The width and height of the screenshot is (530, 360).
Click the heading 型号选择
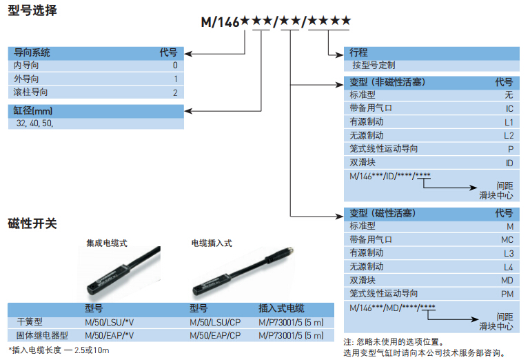pyautogui.click(x=32, y=11)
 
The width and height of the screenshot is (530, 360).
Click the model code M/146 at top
pyautogui.click(x=219, y=22)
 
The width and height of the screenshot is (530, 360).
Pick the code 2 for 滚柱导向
pyautogui.click(x=175, y=92)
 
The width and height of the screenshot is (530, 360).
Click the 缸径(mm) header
pyautogui.click(x=33, y=111)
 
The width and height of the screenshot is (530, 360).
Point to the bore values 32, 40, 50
pyautogui.click(x=34, y=123)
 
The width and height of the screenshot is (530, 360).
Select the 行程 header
pyautogui.click(x=359, y=52)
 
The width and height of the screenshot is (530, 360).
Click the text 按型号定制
pyautogui.click(x=374, y=66)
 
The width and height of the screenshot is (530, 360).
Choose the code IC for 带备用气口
pyautogui.click(x=509, y=109)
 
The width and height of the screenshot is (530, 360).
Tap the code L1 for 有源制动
pyautogui.click(x=509, y=122)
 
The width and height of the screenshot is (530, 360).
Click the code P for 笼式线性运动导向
pyautogui.click(x=511, y=149)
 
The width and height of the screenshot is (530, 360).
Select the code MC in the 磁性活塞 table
pyautogui.click(x=508, y=240)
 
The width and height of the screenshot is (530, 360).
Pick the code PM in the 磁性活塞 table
pyautogui.click(x=508, y=294)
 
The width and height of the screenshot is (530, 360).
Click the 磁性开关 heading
pyautogui.click(x=32, y=223)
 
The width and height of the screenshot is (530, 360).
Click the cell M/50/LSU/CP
pyautogui.click(x=215, y=322)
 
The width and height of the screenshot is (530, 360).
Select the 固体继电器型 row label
pyautogui.click(x=41, y=335)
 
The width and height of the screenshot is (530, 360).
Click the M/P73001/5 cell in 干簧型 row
pyautogui.click(x=290, y=322)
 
